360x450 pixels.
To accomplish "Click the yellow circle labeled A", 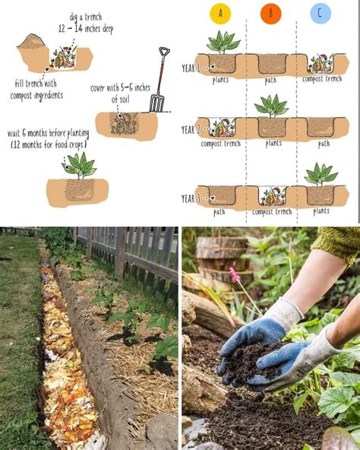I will point(221,14).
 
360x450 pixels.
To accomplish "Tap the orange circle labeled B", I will point(270,14).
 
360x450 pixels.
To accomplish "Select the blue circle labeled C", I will point(321,14).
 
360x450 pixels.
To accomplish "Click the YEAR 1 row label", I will point(190,67).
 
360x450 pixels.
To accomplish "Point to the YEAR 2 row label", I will point(190,130).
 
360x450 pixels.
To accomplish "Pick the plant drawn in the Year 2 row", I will point(272,105).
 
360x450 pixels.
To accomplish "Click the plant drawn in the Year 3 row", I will point(321,174).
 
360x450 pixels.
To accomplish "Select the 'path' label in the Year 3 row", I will point(219,212).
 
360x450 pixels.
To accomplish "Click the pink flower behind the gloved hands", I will point(235,274).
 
